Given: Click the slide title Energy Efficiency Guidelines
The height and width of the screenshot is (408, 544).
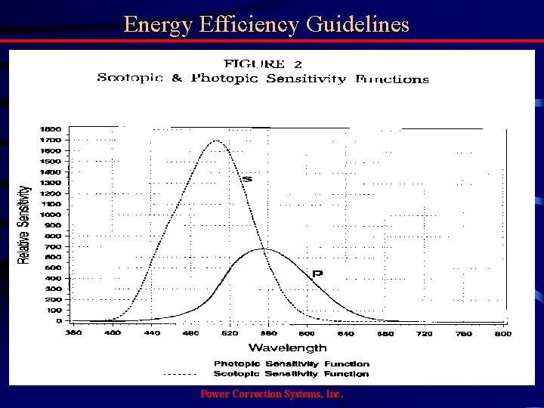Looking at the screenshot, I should pyautogui.click(x=267, y=24).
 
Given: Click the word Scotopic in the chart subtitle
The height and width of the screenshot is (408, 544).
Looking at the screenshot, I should pyautogui.click(x=129, y=79).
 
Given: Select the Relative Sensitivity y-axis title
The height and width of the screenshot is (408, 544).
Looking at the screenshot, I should pyautogui.click(x=25, y=224).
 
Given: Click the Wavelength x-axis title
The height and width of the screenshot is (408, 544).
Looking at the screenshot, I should pyautogui.click(x=288, y=348).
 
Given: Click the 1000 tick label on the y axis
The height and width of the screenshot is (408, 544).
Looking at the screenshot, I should pyautogui.click(x=51, y=215).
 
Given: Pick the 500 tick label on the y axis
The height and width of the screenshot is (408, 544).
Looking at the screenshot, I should pyautogui.click(x=53, y=267).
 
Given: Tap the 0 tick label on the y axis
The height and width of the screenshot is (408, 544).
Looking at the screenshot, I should pyautogui.click(x=59, y=321).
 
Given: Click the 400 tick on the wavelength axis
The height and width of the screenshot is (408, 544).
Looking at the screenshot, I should pyautogui.click(x=112, y=332).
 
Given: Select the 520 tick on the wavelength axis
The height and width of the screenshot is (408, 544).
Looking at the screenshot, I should pyautogui.click(x=230, y=332).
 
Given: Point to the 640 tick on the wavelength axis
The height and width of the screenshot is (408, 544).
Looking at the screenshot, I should pyautogui.click(x=345, y=332).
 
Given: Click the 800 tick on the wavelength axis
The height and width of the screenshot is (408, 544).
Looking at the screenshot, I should pyautogui.click(x=502, y=332).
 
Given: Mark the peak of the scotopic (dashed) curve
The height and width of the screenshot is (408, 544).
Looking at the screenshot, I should pyautogui.click(x=217, y=141).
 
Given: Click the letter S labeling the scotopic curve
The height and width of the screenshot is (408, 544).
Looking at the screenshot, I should pyautogui.click(x=246, y=179).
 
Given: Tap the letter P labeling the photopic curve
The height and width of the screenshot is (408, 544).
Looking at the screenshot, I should pyautogui.click(x=317, y=273).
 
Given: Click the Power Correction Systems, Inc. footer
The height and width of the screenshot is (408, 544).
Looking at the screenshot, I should pyautogui.click(x=270, y=395).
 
